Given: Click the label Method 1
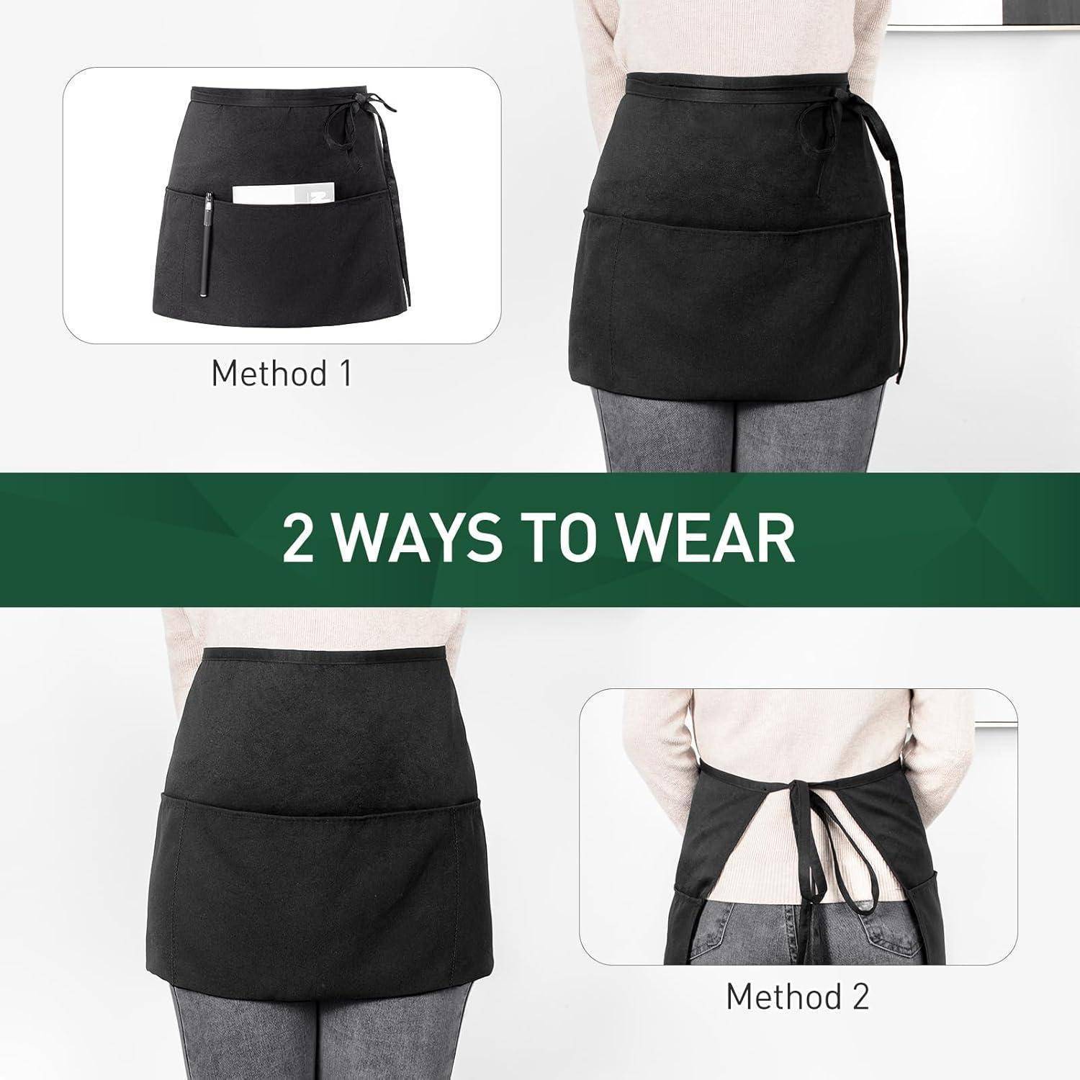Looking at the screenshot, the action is click(282, 373).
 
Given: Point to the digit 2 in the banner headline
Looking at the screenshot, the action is click(298, 539).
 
